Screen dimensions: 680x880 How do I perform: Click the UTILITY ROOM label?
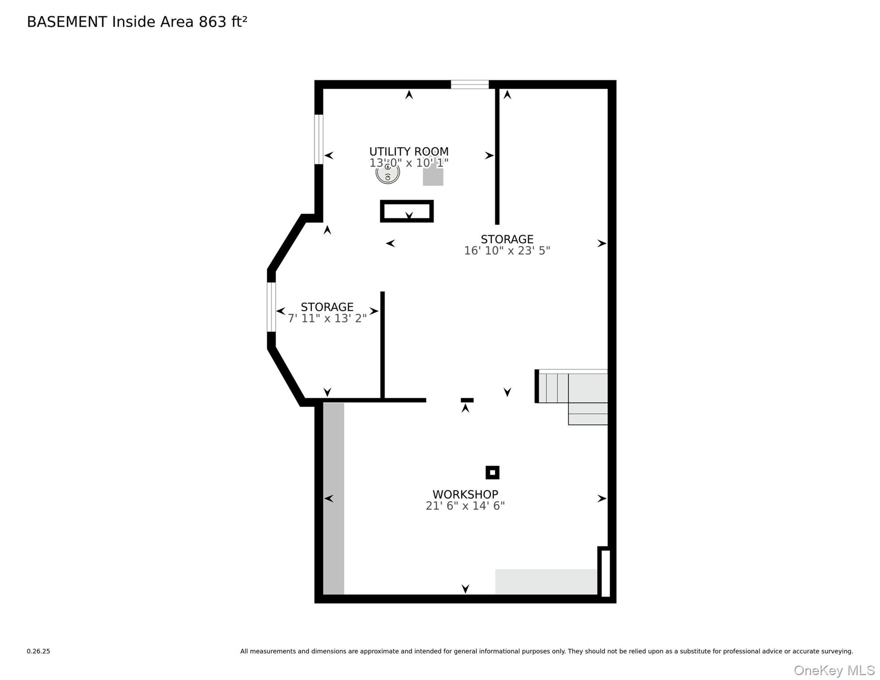(x=409, y=151)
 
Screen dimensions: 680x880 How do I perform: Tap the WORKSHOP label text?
(x=465, y=494)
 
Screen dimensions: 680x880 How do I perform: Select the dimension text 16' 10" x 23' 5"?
(x=506, y=251)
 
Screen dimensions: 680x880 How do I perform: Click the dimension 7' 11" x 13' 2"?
(x=327, y=318)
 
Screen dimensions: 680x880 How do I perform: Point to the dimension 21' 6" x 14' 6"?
(x=465, y=506)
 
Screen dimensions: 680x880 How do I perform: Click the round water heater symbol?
(x=387, y=174)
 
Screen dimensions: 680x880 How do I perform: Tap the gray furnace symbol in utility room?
(x=433, y=176)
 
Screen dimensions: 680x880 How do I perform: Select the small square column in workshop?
(x=492, y=472)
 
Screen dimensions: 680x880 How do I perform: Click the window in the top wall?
(x=470, y=85)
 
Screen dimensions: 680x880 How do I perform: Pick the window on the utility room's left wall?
(x=319, y=139)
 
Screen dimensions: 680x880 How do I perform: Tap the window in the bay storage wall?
(x=271, y=307)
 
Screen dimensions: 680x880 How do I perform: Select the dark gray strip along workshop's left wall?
(x=333, y=498)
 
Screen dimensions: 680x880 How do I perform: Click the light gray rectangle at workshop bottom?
(x=545, y=581)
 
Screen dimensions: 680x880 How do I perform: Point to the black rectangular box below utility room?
(x=406, y=211)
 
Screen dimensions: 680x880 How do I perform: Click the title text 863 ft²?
(x=223, y=22)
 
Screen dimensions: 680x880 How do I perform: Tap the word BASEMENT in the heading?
(x=67, y=22)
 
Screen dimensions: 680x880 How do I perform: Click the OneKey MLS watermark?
(x=834, y=670)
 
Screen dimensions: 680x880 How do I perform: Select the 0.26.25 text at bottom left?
(x=39, y=651)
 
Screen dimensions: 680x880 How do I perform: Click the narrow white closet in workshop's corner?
(x=606, y=573)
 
